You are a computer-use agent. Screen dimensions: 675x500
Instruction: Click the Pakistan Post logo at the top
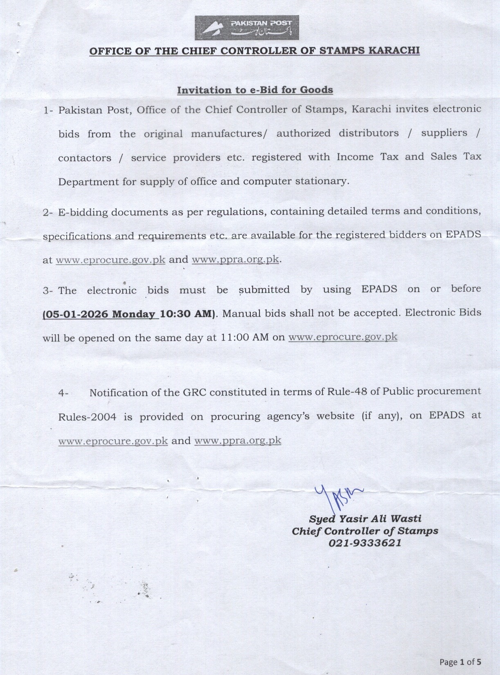247,28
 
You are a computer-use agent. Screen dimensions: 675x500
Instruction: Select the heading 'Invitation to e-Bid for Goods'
255,90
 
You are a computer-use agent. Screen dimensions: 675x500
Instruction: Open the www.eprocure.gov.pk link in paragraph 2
110,260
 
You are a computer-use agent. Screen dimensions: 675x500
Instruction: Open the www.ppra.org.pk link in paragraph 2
235,259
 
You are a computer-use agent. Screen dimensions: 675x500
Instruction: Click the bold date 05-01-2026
76,314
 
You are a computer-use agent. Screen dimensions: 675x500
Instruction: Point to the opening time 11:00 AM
245,337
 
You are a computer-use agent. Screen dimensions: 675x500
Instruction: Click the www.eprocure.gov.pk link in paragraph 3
343,337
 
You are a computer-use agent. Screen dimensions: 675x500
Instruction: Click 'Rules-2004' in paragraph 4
87,417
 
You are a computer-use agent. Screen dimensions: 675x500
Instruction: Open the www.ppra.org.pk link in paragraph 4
238,441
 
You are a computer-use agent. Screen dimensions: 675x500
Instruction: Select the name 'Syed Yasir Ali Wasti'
365,519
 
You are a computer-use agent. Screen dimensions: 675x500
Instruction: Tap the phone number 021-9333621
365,543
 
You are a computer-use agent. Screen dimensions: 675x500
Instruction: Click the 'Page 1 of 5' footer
460,661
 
